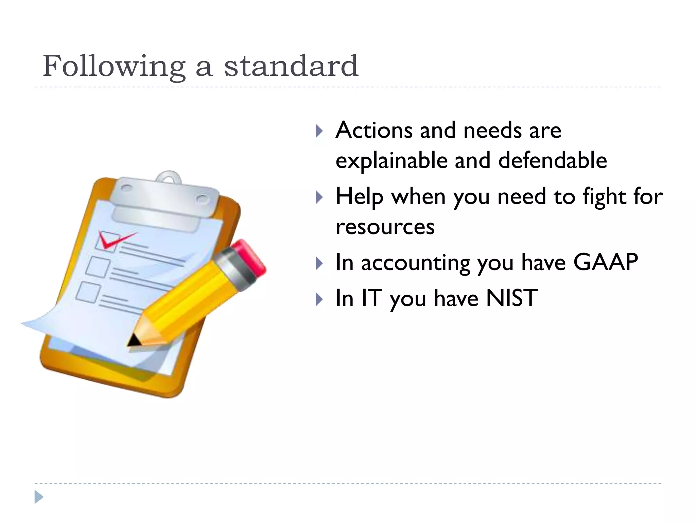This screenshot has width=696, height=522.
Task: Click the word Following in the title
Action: coord(114,66)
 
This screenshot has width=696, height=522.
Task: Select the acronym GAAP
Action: coord(605,262)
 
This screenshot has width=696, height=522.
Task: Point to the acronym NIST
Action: coord(512,298)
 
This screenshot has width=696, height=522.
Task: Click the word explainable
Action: coord(391,161)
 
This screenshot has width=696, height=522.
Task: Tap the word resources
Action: coord(385,227)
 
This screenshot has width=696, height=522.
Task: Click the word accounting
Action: coord(416,263)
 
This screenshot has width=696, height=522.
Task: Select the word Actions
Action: coord(374,130)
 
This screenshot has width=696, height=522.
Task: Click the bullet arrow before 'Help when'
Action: coord(319,197)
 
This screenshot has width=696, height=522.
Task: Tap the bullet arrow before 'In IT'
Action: coord(319,299)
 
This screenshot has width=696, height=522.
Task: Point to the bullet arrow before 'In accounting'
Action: coord(319,263)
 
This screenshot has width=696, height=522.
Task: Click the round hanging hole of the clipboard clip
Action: coord(169,178)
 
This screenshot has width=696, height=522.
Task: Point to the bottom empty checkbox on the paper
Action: coord(88,292)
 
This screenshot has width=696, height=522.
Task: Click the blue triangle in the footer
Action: coord(39,497)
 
